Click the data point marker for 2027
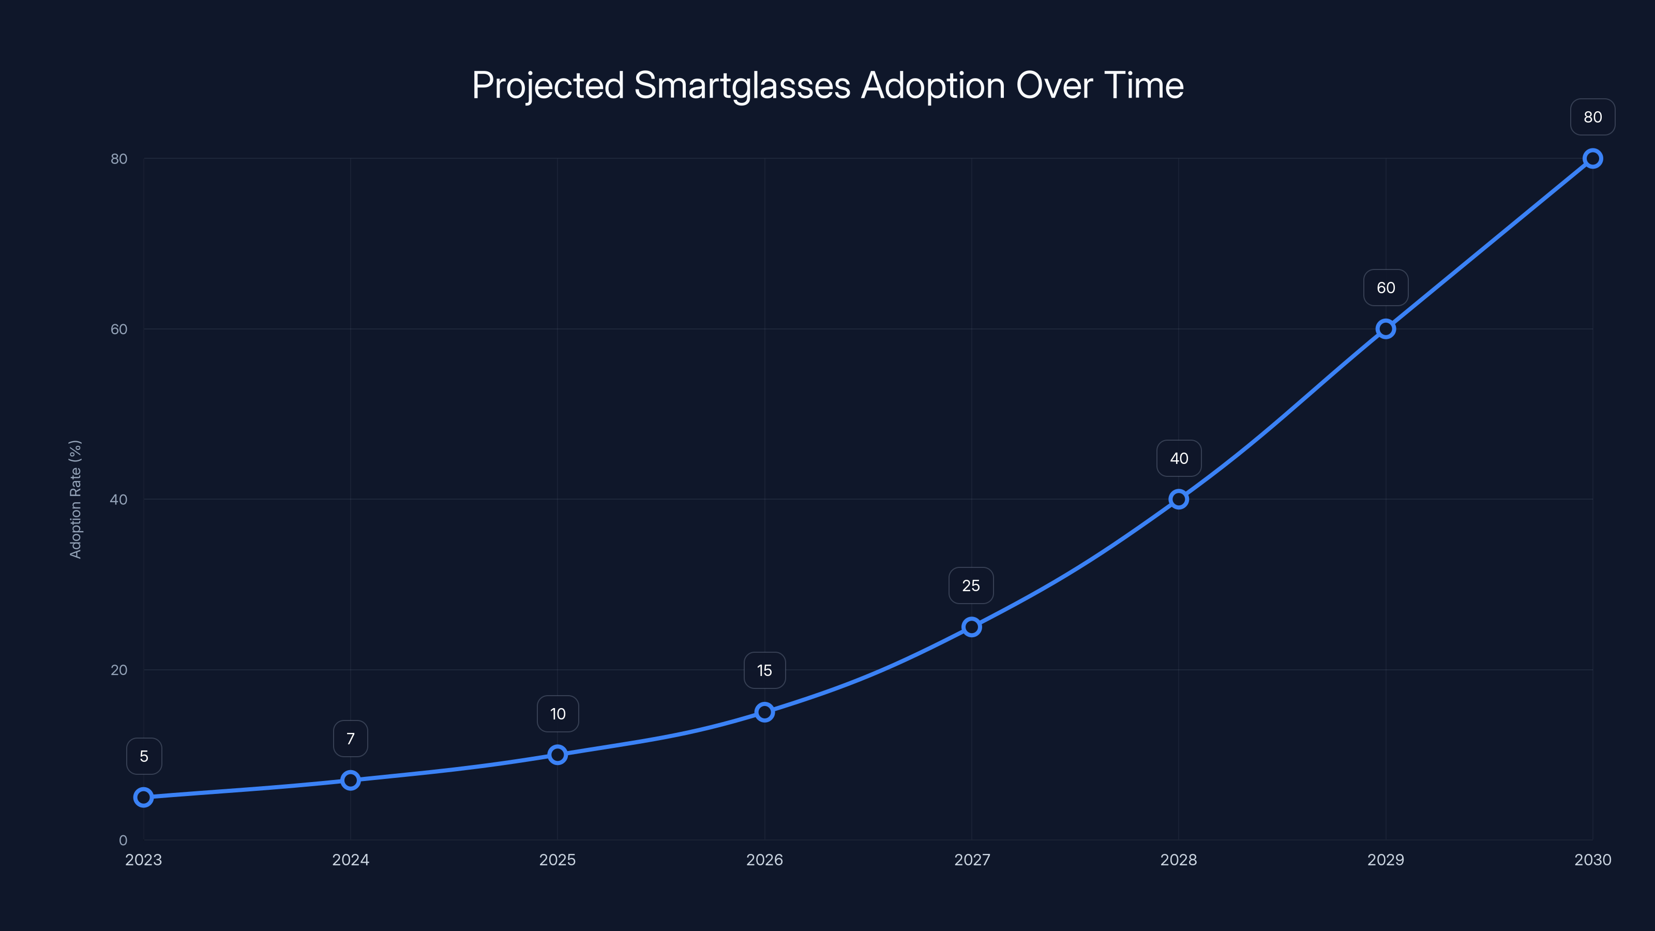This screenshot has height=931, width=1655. pyautogui.click(x=971, y=627)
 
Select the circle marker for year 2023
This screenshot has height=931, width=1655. pyautogui.click(x=143, y=798)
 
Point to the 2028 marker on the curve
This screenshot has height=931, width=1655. pyautogui.click(x=1178, y=499)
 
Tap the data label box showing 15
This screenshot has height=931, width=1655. pyautogui.click(x=764, y=671)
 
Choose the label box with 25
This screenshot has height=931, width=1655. pyautogui.click(x=971, y=586)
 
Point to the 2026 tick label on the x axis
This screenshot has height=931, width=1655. pyautogui.click(x=764, y=860)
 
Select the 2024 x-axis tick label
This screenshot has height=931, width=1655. pyautogui.click(x=350, y=860)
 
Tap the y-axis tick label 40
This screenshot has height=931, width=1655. pyautogui.click(x=119, y=500)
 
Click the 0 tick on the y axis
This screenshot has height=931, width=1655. pyautogui.click(x=123, y=840)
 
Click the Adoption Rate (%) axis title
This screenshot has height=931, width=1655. pyautogui.click(x=75, y=499)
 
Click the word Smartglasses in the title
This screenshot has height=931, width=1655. pyautogui.click(x=742, y=85)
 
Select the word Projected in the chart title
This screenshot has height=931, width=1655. pyautogui.click(x=547, y=85)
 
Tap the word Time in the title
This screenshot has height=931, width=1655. pyautogui.click(x=1144, y=85)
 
